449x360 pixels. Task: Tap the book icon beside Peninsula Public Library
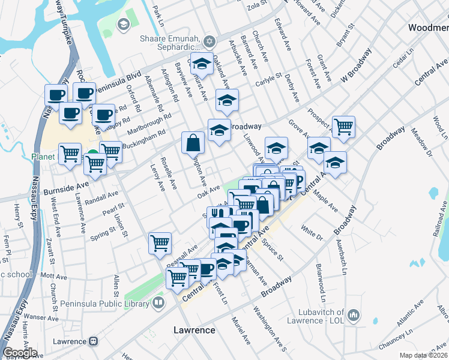[158, 303]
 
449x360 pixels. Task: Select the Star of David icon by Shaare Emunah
[209, 41]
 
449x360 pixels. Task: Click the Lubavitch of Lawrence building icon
[354, 314]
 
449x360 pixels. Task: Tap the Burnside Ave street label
[66, 188]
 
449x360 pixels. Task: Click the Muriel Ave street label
[243, 331]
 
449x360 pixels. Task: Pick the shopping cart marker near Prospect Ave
[343, 127]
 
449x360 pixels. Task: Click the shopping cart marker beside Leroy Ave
[160, 243]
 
